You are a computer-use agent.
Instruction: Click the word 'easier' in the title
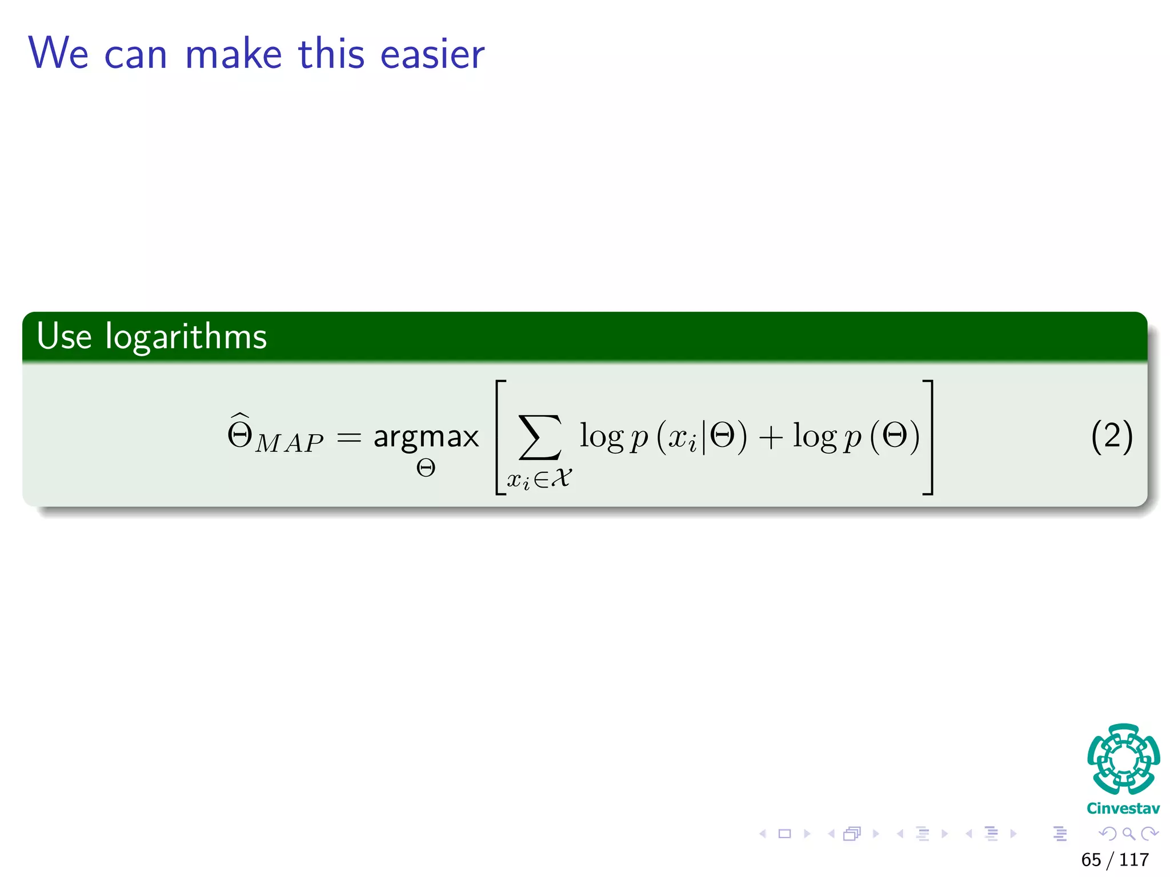pyautogui.click(x=432, y=54)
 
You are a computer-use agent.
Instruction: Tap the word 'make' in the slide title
pyautogui.click(x=234, y=54)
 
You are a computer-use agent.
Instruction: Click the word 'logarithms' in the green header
pyautogui.click(x=186, y=337)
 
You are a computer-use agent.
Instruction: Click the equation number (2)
pyautogui.click(x=1111, y=437)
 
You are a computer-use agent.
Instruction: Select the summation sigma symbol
pyautogui.click(x=539, y=437)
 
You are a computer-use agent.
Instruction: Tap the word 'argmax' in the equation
pyautogui.click(x=426, y=438)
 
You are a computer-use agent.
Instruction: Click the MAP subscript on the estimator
pyautogui.click(x=289, y=444)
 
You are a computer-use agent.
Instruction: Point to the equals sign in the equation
pyautogui.click(x=349, y=438)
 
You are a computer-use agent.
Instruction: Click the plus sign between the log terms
pyautogui.click(x=770, y=438)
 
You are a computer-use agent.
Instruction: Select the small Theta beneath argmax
pyautogui.click(x=426, y=469)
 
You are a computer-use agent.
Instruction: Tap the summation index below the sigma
pyautogui.click(x=539, y=478)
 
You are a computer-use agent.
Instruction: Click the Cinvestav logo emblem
pyautogui.click(x=1123, y=759)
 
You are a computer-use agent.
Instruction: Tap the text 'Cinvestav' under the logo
pyautogui.click(x=1123, y=808)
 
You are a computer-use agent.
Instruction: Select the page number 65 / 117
pyautogui.click(x=1115, y=860)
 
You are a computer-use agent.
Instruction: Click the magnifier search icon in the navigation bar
pyautogui.click(x=1128, y=834)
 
